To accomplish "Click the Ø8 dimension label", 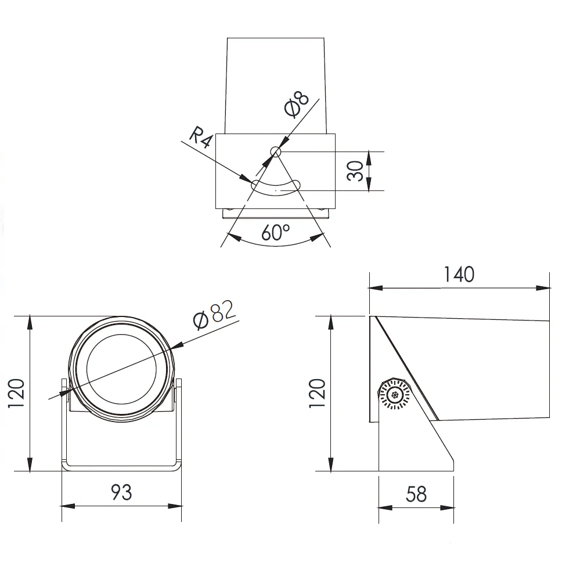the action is click(297, 105).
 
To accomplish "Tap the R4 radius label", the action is click(200, 136).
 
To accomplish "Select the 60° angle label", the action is click(275, 232).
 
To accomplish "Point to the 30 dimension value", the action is click(355, 171).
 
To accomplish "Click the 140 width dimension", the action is click(459, 275).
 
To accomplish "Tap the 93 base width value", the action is click(121, 492).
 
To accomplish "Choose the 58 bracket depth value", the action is click(416, 494).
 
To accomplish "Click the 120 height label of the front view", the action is click(16, 393).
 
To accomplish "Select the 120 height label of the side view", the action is click(317, 393).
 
